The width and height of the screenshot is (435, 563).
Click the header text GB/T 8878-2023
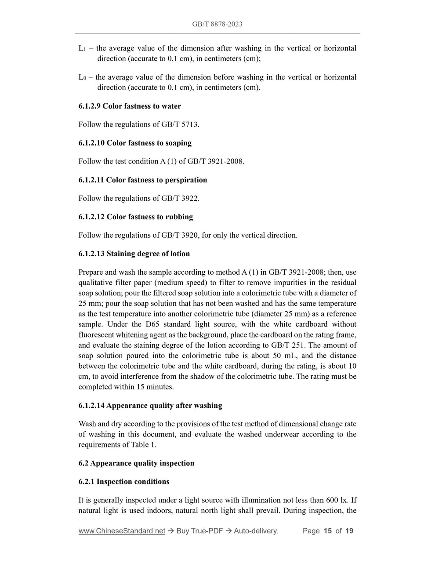click(x=217, y=24)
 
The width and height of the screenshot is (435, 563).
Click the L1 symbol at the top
click(x=82, y=48)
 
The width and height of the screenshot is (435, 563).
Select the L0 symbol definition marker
click(x=82, y=77)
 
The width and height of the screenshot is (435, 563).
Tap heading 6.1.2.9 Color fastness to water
click(x=130, y=106)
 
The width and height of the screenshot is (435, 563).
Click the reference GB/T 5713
click(x=180, y=124)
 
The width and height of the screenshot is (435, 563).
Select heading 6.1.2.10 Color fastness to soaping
click(x=135, y=143)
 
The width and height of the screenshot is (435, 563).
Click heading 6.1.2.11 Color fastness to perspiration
click(x=143, y=180)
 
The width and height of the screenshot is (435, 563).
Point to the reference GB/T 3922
click(x=180, y=198)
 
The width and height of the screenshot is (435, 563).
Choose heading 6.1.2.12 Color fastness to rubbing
click(x=136, y=217)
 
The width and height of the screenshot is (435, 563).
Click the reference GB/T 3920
click(x=180, y=235)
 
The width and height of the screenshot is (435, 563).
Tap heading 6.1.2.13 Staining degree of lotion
click(x=134, y=254)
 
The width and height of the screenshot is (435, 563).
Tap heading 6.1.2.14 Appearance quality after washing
click(x=150, y=406)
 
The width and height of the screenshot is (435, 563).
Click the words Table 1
click(x=143, y=445)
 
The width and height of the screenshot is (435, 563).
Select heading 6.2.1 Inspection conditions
click(x=124, y=482)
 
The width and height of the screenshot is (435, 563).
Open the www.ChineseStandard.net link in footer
click(x=122, y=531)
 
